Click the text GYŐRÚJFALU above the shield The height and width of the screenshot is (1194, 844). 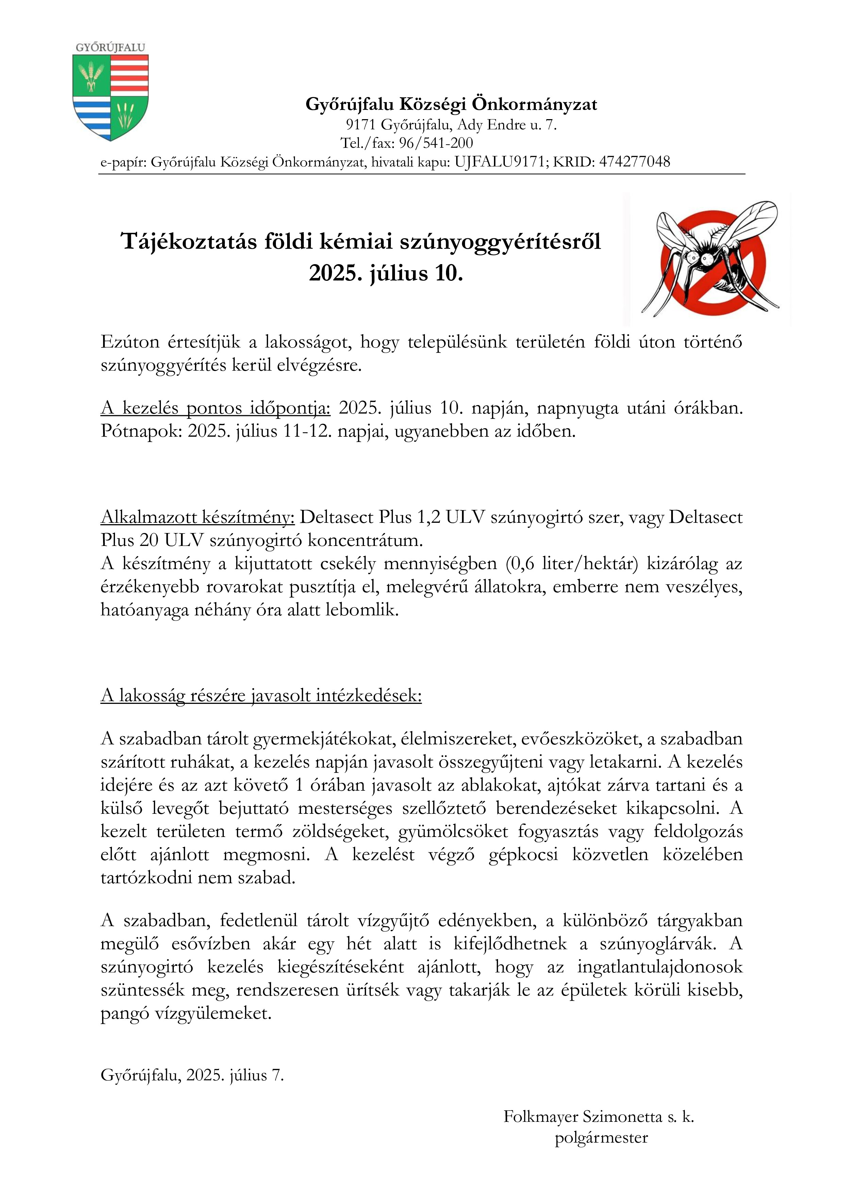(x=110, y=47)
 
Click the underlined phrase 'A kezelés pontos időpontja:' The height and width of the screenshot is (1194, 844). (x=215, y=408)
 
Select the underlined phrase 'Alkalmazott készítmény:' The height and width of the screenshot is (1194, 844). (x=198, y=517)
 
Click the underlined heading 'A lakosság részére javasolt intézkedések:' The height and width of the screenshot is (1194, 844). (x=261, y=696)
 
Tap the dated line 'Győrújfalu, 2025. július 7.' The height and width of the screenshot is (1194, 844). (x=192, y=1076)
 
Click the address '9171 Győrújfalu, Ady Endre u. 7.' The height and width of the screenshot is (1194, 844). (x=451, y=125)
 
